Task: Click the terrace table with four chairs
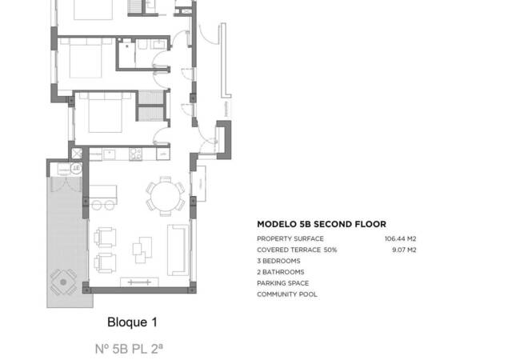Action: (63, 280)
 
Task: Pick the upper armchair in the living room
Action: (106, 238)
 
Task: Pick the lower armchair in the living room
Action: (106, 262)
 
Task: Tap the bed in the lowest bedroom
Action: (102, 114)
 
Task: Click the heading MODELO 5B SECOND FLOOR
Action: (321, 224)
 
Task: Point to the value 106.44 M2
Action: (400, 239)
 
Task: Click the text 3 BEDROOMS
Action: (278, 262)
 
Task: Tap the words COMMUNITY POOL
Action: (286, 294)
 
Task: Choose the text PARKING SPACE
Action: (282, 283)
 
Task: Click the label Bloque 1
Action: (132, 322)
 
